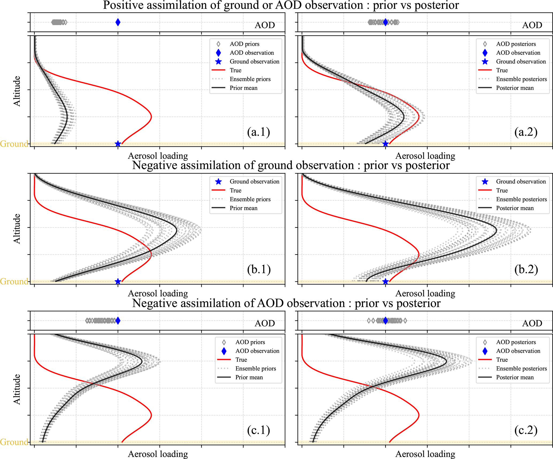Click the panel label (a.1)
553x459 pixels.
pyautogui.click(x=258, y=132)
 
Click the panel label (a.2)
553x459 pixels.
pyautogui.click(x=526, y=132)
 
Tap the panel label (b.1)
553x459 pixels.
pyautogui.click(x=259, y=269)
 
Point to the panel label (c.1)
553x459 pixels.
pyautogui.click(x=258, y=430)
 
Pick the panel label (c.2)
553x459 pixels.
pyautogui.click(x=526, y=430)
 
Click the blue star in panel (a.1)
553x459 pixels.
pyautogui.click(x=118, y=144)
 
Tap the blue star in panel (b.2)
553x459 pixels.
pyautogui.click(x=385, y=281)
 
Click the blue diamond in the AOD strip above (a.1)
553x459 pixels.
pyautogui.click(x=118, y=22)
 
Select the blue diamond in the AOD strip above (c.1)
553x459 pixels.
pyautogui.click(x=118, y=321)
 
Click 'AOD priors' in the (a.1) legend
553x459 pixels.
pyautogui.click(x=245, y=44)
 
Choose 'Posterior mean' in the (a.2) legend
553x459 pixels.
pyautogui.click(x=515, y=88)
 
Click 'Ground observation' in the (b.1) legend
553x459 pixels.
pyautogui.click(x=254, y=182)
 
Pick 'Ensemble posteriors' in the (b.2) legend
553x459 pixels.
pyautogui.click(x=521, y=199)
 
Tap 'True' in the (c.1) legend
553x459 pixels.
pyautogui.click(x=241, y=360)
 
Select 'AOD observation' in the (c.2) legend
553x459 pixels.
pyautogui.click(x=518, y=351)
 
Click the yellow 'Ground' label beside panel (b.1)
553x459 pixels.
pyautogui.click(x=14, y=281)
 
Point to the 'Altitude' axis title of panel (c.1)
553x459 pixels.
pyautogui.click(x=17, y=389)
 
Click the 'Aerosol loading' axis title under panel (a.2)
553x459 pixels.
pyautogui.click(x=425, y=156)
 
